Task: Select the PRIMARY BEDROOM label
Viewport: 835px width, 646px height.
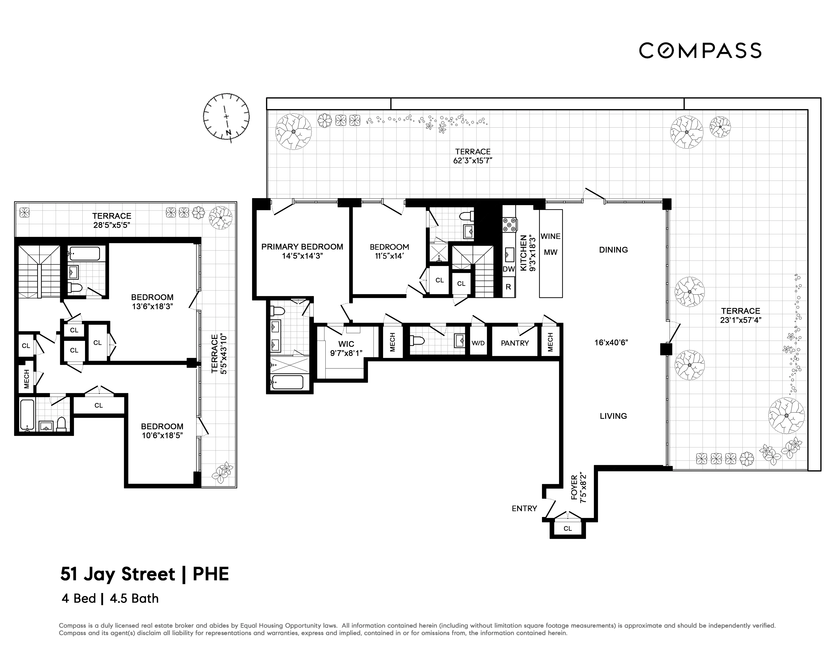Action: click(302, 247)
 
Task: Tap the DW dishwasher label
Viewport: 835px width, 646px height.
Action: click(508, 269)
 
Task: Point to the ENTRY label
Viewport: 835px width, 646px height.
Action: click(524, 508)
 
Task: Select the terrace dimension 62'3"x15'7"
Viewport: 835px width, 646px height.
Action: click(473, 161)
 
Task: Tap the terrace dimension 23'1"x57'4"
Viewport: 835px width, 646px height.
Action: click(740, 320)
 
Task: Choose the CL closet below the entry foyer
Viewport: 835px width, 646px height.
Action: click(568, 529)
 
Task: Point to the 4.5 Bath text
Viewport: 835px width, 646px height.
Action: click(134, 598)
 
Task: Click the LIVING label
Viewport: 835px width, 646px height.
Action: click(613, 416)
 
